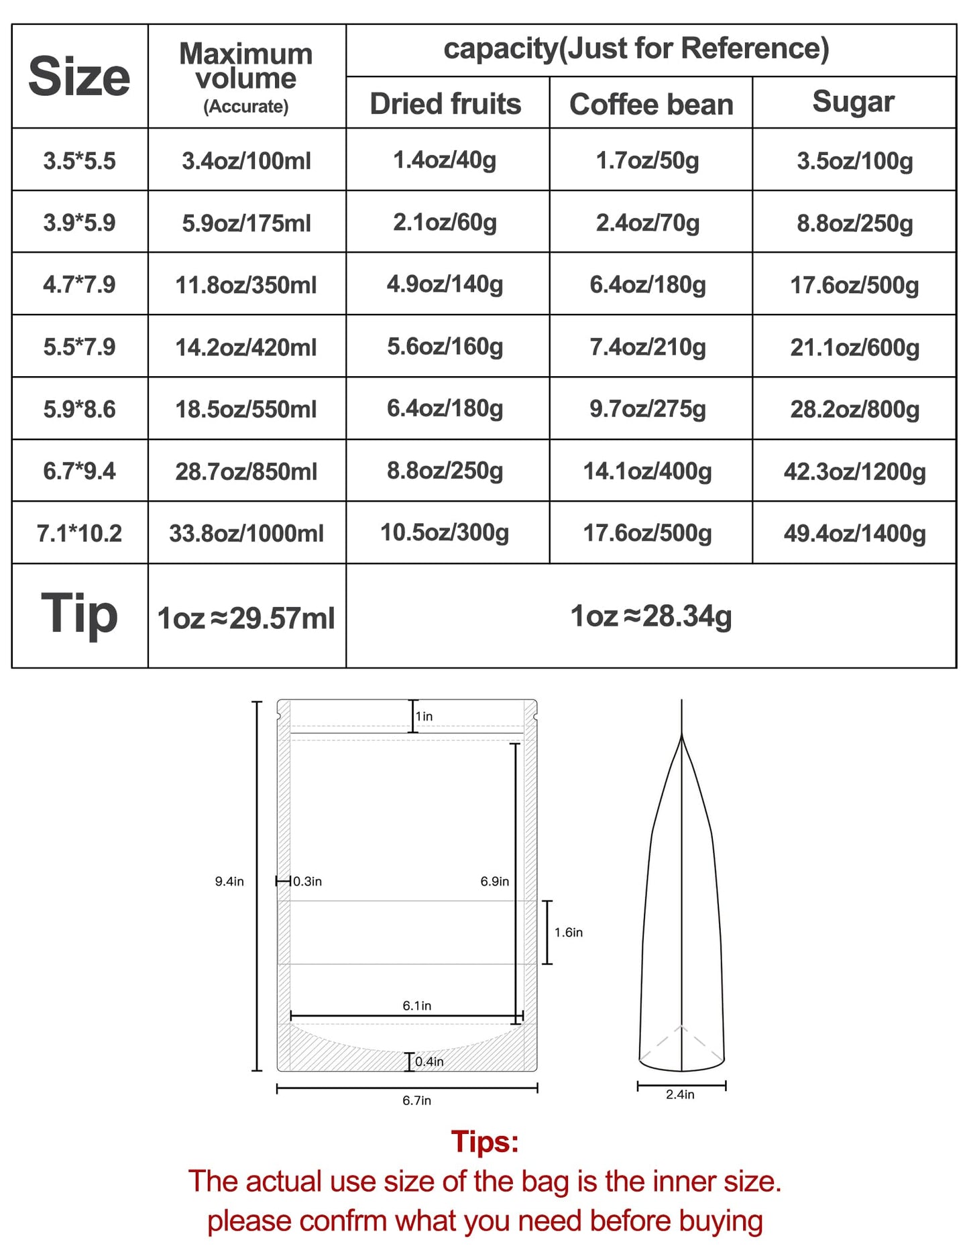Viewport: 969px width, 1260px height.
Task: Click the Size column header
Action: (x=79, y=76)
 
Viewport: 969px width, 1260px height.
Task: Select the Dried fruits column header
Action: (x=445, y=104)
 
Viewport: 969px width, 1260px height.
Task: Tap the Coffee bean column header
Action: (x=651, y=105)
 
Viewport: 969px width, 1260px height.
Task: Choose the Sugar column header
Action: (x=853, y=102)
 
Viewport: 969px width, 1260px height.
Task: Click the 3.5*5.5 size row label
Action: (x=79, y=161)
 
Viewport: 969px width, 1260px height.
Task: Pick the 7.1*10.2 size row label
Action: (x=79, y=534)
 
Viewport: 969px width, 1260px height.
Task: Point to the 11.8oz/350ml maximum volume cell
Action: (x=246, y=285)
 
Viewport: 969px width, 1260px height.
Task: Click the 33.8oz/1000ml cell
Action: (x=246, y=534)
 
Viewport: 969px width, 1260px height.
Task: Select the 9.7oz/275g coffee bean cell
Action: (x=648, y=409)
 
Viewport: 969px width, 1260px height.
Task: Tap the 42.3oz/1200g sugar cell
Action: (x=854, y=471)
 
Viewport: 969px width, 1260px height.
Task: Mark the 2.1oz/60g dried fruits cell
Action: (x=445, y=223)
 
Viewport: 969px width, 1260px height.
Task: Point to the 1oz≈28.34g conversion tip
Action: (x=650, y=616)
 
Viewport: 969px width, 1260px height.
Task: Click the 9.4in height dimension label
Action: (x=229, y=881)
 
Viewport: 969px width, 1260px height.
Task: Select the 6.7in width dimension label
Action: (x=416, y=1100)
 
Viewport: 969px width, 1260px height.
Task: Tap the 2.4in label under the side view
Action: (x=680, y=1094)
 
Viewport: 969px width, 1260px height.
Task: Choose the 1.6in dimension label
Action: (x=568, y=932)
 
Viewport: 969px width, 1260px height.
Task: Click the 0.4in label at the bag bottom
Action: (x=429, y=1062)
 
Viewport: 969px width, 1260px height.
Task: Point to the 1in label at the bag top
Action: (x=424, y=716)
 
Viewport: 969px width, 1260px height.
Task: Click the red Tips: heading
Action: (x=485, y=1141)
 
